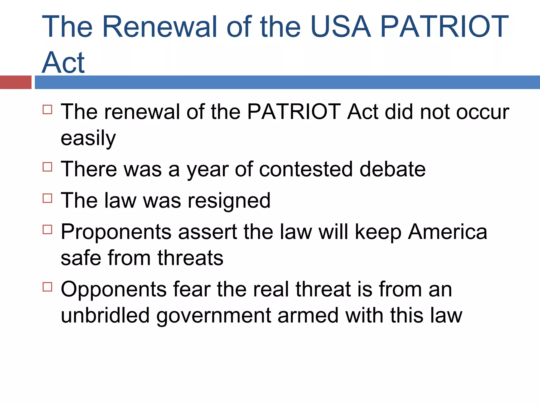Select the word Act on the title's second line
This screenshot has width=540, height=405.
point(63,62)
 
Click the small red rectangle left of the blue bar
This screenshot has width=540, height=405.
point(16,82)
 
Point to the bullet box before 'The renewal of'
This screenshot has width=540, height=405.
point(47,109)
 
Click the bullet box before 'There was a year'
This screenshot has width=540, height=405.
point(47,167)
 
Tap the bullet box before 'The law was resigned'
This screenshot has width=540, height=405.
point(47,198)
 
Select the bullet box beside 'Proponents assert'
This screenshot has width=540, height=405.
point(47,229)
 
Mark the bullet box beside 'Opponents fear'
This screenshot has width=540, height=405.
point(47,287)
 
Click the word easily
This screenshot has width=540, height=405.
point(88,138)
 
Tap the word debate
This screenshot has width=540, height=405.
point(393,169)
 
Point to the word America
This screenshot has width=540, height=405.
point(447,232)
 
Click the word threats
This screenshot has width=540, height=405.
point(190,258)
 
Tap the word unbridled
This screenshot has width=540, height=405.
point(105,315)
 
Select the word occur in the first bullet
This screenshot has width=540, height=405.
point(483,112)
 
